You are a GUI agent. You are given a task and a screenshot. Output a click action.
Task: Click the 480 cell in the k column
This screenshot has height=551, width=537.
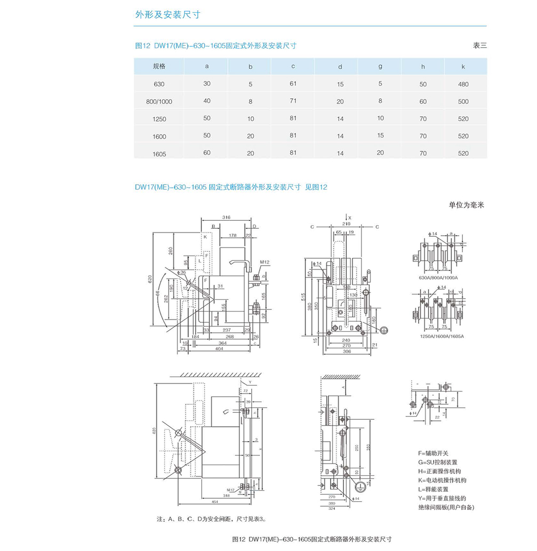463,84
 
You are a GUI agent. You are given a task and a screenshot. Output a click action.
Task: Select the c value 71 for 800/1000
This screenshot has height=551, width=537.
293,101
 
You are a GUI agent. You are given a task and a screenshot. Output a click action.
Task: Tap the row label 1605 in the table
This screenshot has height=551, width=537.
159,154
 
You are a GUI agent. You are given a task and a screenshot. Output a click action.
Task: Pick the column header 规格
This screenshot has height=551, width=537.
159,67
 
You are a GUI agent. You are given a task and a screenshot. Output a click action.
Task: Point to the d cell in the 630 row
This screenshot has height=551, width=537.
340,84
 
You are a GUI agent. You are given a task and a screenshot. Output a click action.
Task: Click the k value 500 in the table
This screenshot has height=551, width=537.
463,101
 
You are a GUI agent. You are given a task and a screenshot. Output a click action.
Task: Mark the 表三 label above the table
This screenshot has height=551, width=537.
479,45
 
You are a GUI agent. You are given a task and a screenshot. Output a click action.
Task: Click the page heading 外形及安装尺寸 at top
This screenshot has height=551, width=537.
167,15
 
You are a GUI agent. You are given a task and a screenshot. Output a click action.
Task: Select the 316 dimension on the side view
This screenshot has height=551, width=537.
226,218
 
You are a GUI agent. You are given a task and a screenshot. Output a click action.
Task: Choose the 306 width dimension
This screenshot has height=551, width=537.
347,352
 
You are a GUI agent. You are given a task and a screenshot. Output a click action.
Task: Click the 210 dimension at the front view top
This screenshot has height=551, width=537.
347,224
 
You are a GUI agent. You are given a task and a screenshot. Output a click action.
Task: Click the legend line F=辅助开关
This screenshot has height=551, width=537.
436,453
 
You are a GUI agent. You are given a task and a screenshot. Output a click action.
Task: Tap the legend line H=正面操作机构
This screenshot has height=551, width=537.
443,472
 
